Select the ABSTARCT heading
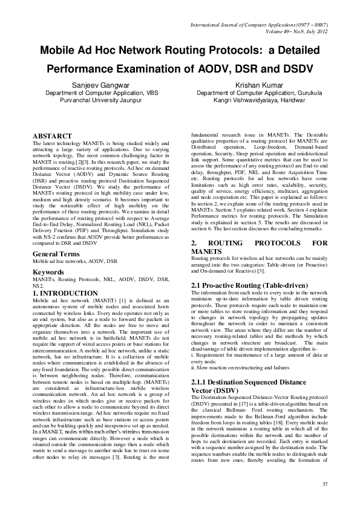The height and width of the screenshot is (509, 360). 52,136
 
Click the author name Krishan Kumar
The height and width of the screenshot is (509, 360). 260,86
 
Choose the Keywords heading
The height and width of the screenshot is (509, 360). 48,272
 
